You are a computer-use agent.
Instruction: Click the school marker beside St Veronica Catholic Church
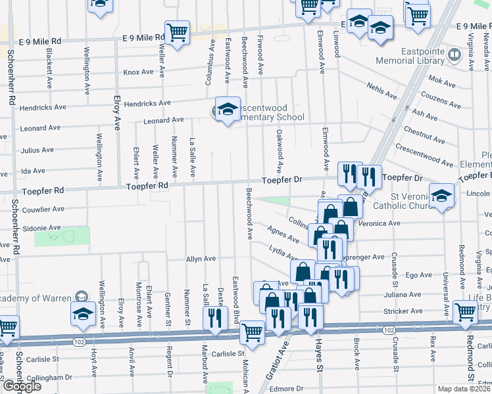pyautogui.click(x=441, y=195)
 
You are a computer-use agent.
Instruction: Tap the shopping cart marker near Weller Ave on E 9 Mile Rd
pyautogui.click(x=177, y=32)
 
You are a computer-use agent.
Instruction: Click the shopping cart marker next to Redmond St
pyautogui.click(x=465, y=313)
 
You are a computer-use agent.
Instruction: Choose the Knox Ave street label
pyautogui.click(x=137, y=72)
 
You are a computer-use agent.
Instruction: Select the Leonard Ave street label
pyautogui.click(x=164, y=120)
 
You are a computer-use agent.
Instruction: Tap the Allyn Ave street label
pyautogui.click(x=201, y=259)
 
